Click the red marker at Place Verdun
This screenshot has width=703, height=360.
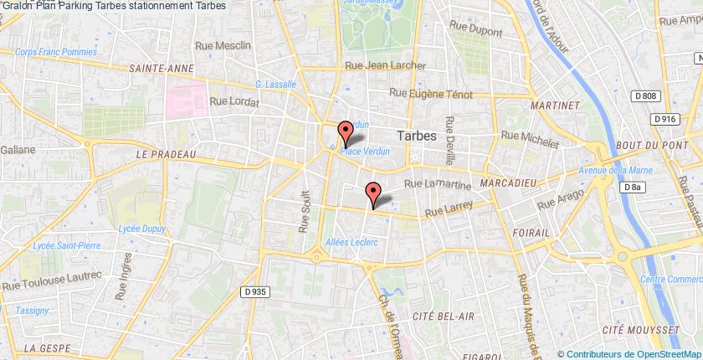[344, 131]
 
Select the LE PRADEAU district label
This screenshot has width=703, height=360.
[164, 154]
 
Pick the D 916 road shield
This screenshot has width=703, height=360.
[666, 119]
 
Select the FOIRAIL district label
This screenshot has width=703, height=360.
[531, 230]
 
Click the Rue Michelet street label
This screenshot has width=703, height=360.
[529, 138]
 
